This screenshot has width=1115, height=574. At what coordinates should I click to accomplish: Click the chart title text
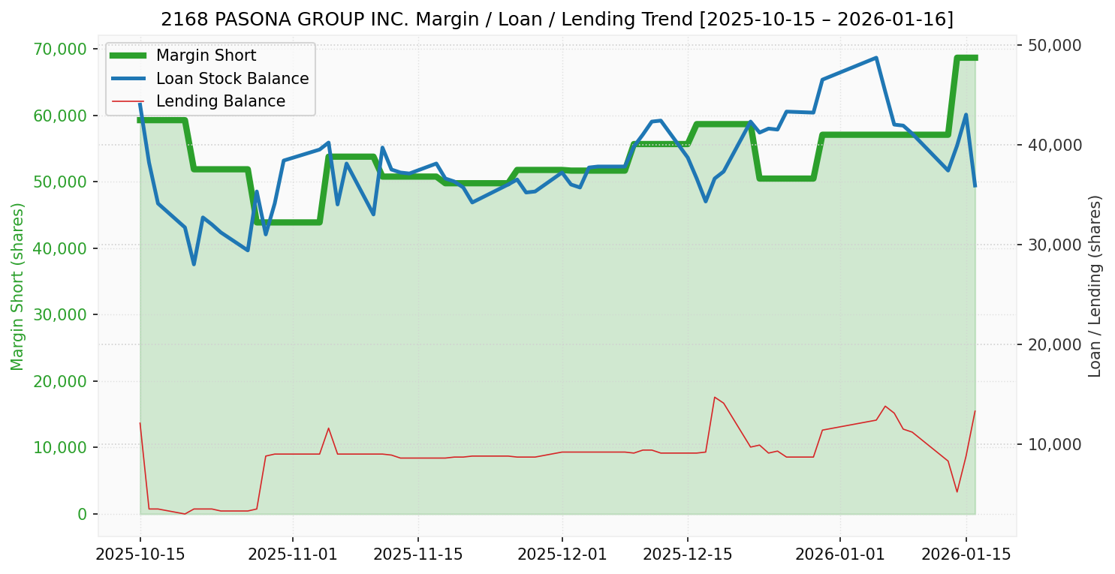pos(557,19)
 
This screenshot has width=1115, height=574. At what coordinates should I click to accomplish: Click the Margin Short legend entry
pos(206,56)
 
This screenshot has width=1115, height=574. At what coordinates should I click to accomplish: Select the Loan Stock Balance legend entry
pos(232,79)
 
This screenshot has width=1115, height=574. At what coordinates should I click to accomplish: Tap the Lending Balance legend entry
pos(220,101)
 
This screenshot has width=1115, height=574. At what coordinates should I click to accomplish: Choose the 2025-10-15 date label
pos(140,554)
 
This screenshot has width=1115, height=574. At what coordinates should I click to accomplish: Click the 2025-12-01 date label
pos(562,554)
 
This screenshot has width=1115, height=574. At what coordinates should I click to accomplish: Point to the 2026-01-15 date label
pos(966,554)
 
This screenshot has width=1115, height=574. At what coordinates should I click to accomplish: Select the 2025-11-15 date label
pos(417,554)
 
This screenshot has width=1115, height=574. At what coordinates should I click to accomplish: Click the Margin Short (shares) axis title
pos(17,287)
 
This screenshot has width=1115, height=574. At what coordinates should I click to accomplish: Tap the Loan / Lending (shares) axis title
pos(1095,286)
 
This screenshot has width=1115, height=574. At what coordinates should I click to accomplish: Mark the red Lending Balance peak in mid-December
pos(714,397)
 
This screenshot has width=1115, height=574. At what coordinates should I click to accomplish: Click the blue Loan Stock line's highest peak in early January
pos(876,58)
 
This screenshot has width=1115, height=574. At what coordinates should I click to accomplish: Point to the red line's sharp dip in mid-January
pos(957,491)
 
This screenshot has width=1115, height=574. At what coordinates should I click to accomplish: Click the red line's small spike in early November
pos(328,428)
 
